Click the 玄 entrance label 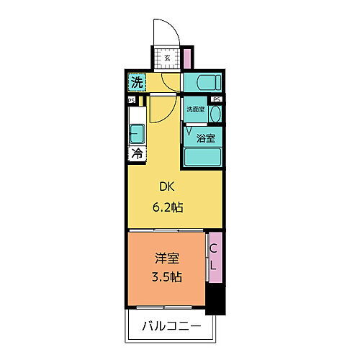pyautogui.click(x=167, y=58)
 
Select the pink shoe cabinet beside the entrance pyautogui.click(x=187, y=58)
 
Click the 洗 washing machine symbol pyautogui.click(x=136, y=83)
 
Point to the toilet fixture pyautogui.click(x=199, y=83)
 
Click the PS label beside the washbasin pyautogui.click(x=216, y=100)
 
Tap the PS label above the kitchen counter pyautogui.click(x=132, y=101)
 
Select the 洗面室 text pyautogui.click(x=195, y=109)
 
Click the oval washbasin pyautogui.click(x=215, y=114)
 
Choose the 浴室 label pyautogui.click(x=205, y=134)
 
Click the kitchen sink pyautogui.click(x=137, y=133)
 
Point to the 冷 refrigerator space pyautogui.click(x=136, y=153)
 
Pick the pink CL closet pyautogui.click(x=213, y=258)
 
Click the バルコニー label pyautogui.click(x=171, y=328)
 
